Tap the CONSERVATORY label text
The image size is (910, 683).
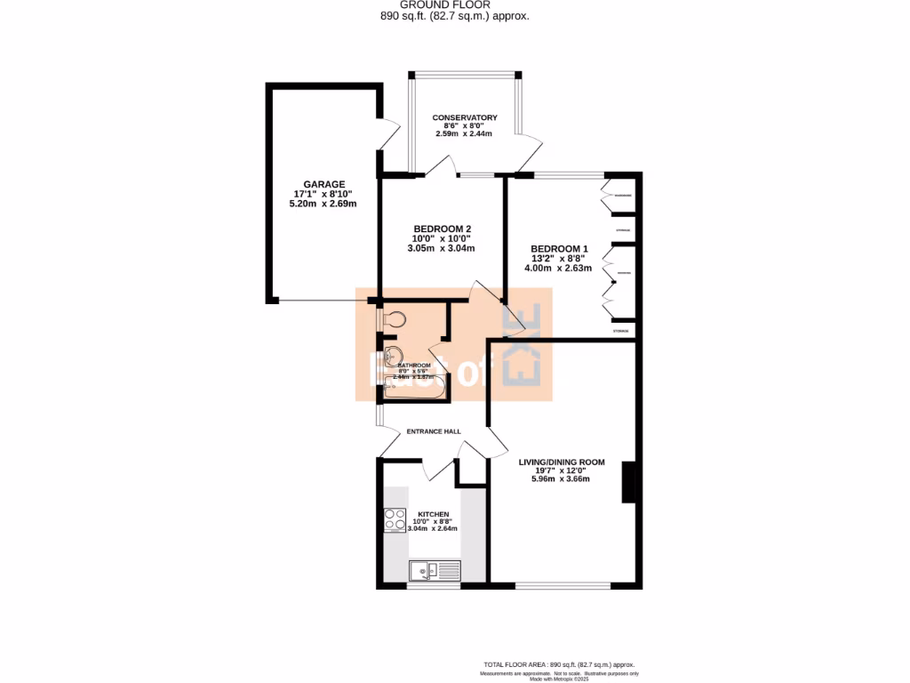click(464, 117)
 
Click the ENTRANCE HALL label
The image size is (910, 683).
click(434, 431)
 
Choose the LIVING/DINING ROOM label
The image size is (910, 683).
click(562, 462)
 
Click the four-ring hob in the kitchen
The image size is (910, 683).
click(395, 519)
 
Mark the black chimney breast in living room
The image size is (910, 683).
click(629, 481)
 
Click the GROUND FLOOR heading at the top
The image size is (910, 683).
click(455, 4)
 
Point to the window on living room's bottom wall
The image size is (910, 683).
click(562, 585)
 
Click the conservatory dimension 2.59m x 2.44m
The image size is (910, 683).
click(464, 133)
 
